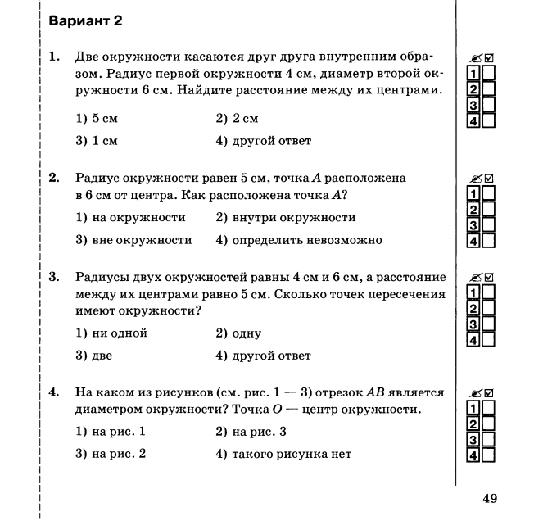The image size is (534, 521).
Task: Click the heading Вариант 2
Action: click(x=86, y=21)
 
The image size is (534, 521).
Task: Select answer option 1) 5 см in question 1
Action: click(x=97, y=120)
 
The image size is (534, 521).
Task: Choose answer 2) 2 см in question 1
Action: click(x=238, y=120)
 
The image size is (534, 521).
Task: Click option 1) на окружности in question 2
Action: click(x=130, y=218)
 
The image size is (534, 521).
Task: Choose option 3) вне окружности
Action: click(x=133, y=240)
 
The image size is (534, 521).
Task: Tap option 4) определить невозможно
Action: click(x=299, y=240)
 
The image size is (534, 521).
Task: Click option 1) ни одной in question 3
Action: click(x=111, y=333)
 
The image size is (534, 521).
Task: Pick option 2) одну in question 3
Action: click(x=238, y=333)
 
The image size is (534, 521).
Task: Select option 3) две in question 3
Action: click(x=94, y=356)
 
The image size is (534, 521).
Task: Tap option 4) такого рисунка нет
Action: click(x=283, y=454)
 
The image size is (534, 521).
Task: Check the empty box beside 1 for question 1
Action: click(x=489, y=74)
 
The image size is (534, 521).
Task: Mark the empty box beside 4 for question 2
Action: click(x=489, y=241)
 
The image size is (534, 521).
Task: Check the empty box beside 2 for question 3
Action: click(x=489, y=308)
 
